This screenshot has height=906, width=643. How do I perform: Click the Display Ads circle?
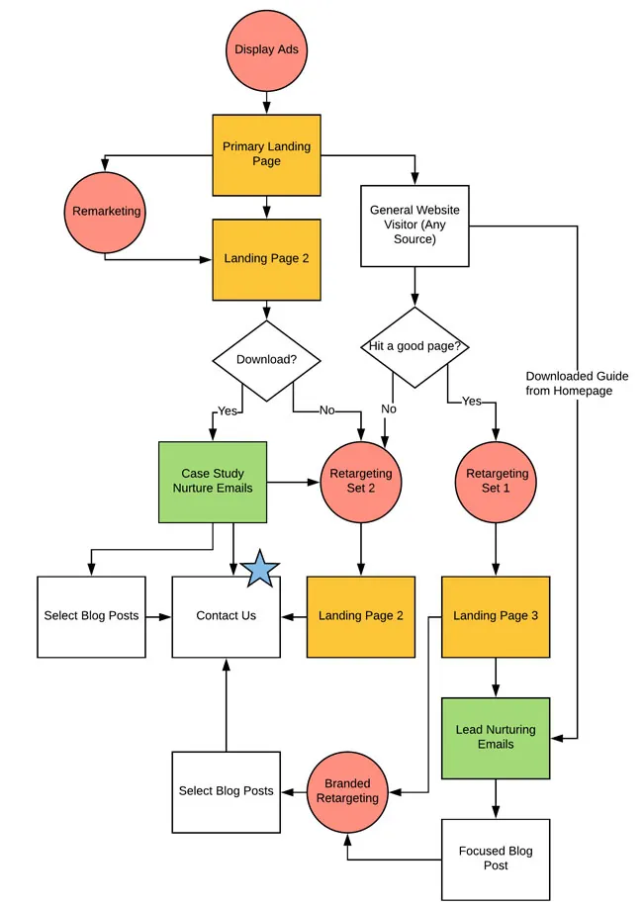tap(265, 48)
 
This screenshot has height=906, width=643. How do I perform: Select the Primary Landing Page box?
tap(266, 153)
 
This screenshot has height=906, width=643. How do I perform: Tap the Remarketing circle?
tap(106, 211)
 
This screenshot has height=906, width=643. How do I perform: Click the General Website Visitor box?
tap(414, 225)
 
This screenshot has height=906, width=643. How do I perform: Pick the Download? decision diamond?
tap(266, 360)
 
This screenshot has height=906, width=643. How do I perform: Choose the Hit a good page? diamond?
tap(414, 347)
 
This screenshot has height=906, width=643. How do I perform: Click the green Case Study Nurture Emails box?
tap(213, 481)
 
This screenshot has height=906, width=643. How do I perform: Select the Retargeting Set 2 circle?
tap(359, 481)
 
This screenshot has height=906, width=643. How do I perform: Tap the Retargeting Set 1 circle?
tap(496, 481)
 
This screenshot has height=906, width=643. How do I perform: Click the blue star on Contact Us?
tap(261, 570)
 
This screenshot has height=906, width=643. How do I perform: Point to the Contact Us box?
tap(226, 615)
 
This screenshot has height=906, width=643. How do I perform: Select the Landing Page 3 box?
tap(496, 615)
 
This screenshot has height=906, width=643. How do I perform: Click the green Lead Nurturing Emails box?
tap(496, 737)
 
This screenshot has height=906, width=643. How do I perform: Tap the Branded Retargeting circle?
tap(346, 791)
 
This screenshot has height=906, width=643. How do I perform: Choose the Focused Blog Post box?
tap(496, 858)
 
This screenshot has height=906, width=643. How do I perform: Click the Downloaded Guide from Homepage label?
tap(577, 384)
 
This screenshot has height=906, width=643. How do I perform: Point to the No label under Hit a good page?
tap(389, 408)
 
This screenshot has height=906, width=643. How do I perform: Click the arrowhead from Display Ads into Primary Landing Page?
tap(265, 108)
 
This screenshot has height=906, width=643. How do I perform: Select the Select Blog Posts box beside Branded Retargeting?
tap(226, 791)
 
